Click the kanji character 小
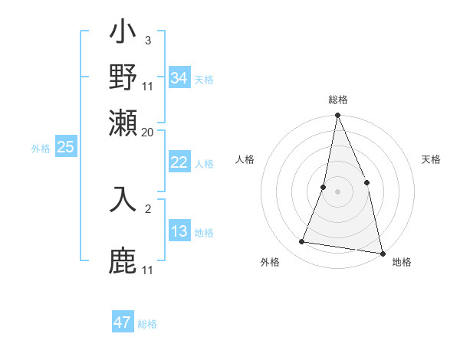point(123,35)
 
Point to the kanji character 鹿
point(123,260)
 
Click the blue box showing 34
point(179,78)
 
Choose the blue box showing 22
point(179,162)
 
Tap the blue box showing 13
point(179,231)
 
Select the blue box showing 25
point(66,148)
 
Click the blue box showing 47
point(123,322)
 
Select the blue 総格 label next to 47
point(147,324)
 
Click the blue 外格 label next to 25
point(41,149)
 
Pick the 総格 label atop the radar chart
point(337,100)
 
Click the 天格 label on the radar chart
point(431,159)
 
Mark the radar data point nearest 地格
point(382,253)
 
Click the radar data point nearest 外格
point(302,242)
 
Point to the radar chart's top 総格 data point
point(337,116)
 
